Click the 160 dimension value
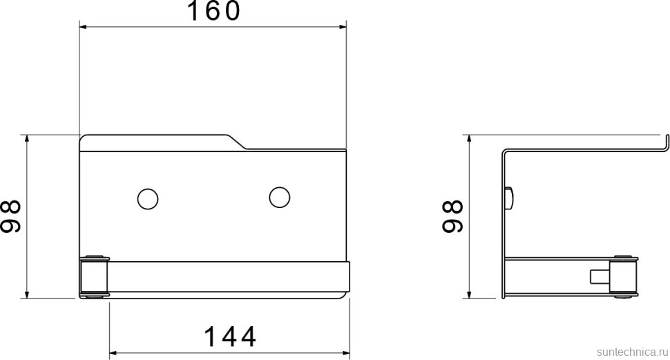point(214,11)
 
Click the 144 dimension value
point(230,337)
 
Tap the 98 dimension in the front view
point(10,216)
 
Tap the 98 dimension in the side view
point(452,216)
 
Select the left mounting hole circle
point(148,199)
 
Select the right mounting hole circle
point(280,197)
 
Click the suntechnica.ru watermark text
point(632,352)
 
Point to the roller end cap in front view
point(95,276)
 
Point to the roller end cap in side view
point(624,276)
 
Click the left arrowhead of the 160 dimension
point(84,27)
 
